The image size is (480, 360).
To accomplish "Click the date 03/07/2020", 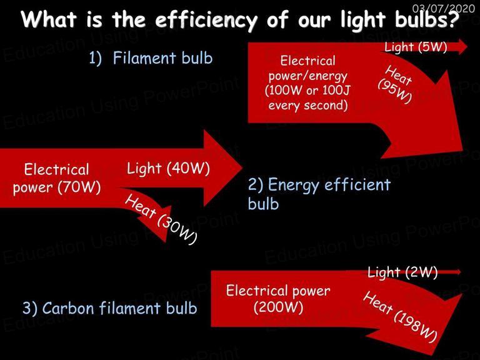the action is [444, 8].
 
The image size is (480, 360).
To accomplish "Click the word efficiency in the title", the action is [206, 20].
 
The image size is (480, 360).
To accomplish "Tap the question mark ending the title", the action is [454, 19].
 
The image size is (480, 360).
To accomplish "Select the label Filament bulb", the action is [162, 57].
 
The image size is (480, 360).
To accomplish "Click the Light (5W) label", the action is [416, 47].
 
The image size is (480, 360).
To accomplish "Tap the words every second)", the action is [308, 105].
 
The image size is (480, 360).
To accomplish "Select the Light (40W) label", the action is [168, 168].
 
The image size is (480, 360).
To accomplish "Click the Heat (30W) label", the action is [161, 219].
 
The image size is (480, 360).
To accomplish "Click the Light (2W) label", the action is [402, 272].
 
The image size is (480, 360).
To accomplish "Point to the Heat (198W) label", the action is [401, 317].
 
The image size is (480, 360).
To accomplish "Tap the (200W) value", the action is [278, 307].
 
